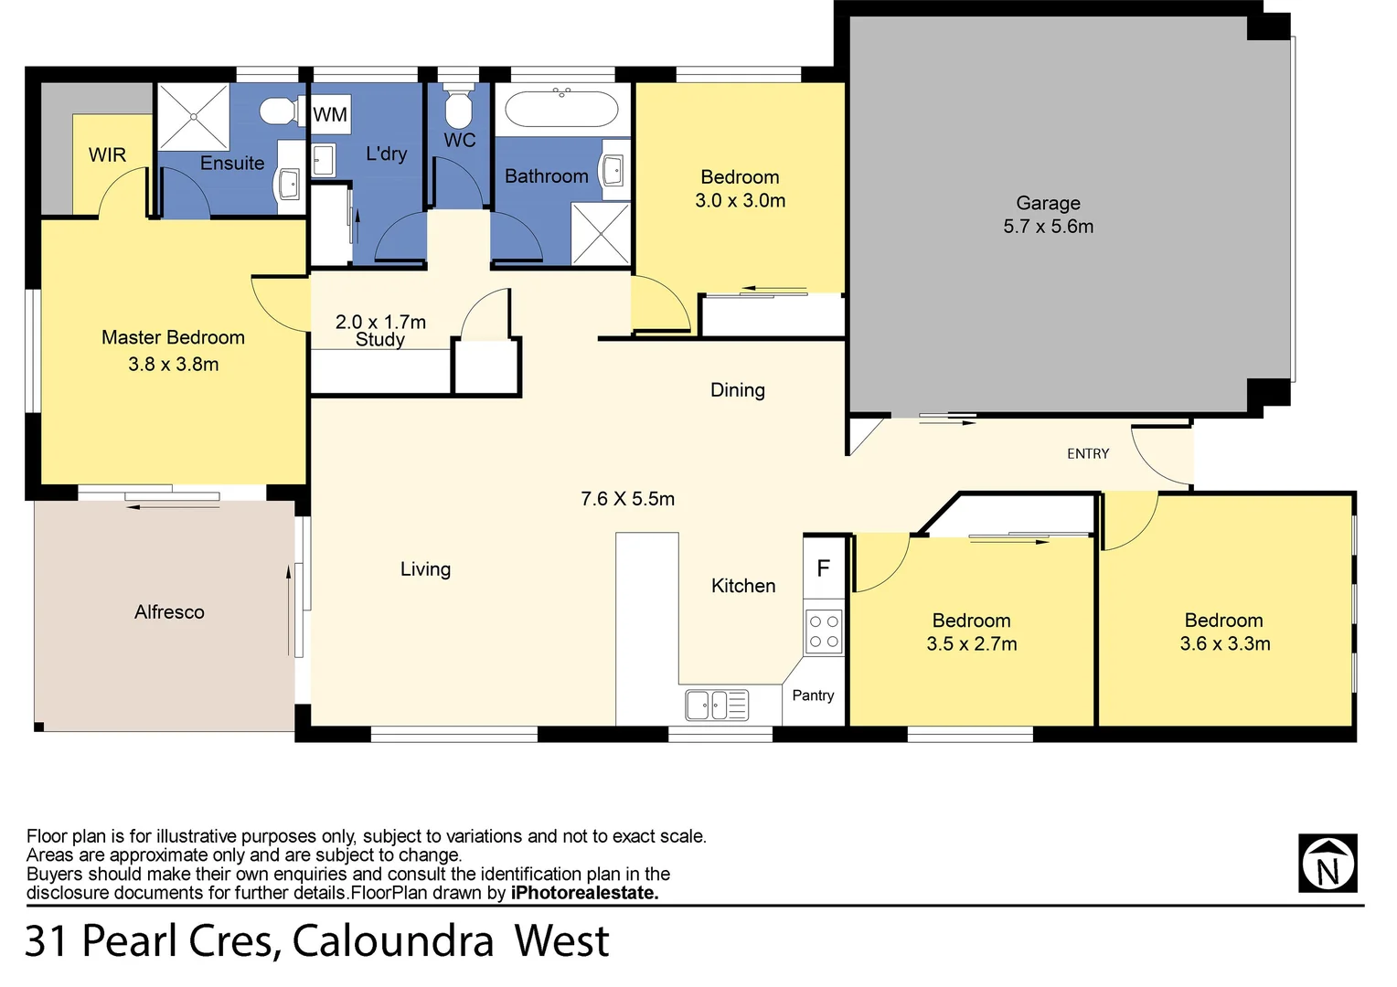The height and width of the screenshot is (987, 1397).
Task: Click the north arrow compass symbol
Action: click(1327, 863)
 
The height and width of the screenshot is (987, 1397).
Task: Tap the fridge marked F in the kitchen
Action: click(823, 568)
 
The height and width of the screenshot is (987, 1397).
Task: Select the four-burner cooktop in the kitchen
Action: click(823, 631)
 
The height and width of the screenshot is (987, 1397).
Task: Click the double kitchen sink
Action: click(716, 705)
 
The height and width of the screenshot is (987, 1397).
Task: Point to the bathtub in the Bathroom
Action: click(562, 109)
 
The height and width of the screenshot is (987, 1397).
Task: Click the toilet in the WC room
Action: click(457, 107)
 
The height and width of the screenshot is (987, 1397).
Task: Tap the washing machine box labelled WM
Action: click(330, 114)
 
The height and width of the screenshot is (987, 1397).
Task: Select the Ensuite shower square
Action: click(193, 116)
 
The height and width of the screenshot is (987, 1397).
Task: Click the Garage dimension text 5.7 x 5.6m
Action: click(1048, 227)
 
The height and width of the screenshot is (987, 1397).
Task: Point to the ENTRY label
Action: click(1087, 453)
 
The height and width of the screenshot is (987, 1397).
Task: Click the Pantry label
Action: click(813, 695)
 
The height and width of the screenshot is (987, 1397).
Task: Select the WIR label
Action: click(107, 155)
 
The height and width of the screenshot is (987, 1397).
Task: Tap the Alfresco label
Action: click(169, 612)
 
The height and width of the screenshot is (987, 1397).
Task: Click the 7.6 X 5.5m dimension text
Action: click(627, 499)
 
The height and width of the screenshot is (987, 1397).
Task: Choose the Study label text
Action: click(379, 340)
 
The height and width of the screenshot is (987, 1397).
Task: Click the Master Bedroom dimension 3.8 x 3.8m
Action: click(173, 364)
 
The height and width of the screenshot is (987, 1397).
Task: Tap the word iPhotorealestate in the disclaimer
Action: click(584, 893)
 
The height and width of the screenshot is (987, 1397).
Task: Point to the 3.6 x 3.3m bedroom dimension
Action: click(1224, 643)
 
